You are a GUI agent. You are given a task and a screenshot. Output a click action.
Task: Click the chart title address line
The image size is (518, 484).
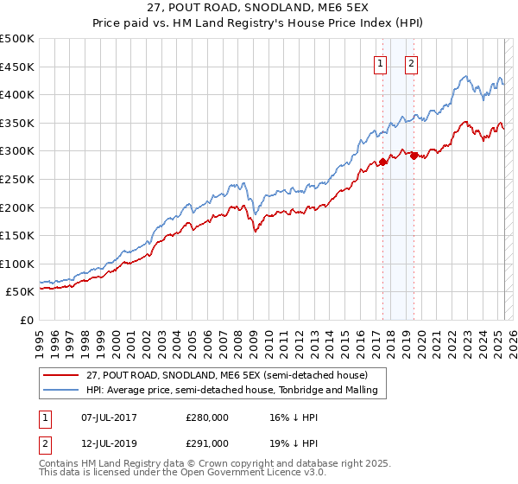(259, 10)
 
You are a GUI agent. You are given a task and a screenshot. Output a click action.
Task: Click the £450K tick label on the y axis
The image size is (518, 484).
(17, 67)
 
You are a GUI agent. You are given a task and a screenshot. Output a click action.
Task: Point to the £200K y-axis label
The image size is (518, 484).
(17, 207)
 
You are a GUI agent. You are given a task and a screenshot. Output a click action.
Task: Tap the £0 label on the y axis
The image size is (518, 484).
(27, 320)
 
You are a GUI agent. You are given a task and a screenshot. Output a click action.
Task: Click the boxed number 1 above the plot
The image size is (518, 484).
(381, 62)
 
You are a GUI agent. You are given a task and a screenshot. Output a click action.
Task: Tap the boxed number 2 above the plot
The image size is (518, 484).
(411, 62)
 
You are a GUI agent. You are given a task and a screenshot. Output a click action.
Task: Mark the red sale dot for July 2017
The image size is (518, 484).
(382, 162)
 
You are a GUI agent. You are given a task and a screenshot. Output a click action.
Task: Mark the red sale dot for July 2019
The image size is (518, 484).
(414, 156)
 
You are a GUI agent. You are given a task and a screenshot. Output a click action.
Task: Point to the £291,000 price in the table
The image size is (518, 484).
(207, 443)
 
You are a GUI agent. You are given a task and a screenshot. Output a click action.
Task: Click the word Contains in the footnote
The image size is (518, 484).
(58, 464)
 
